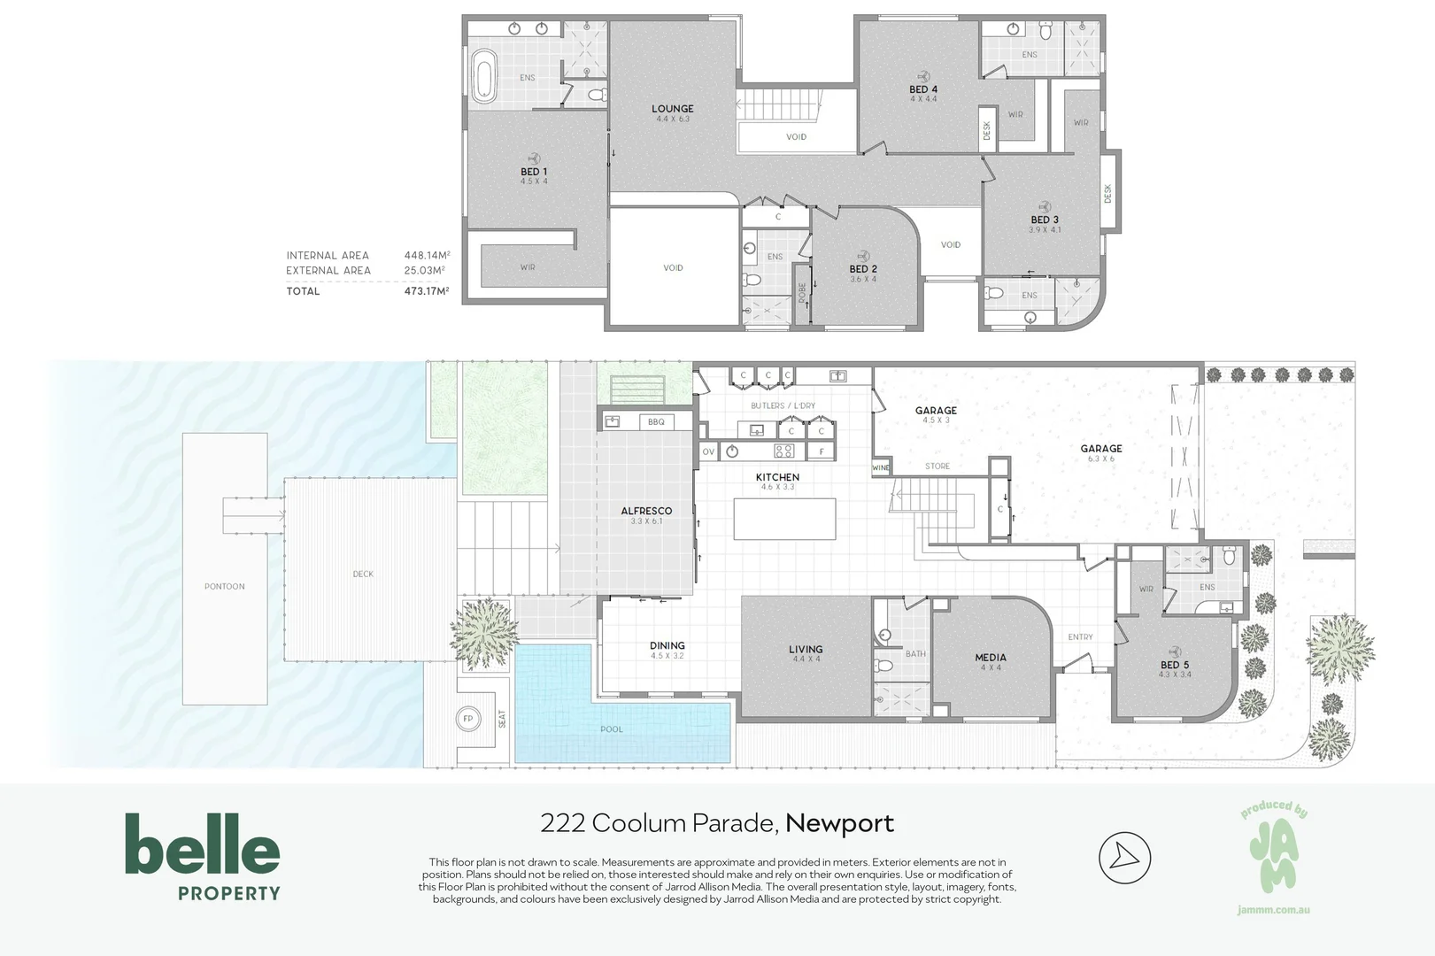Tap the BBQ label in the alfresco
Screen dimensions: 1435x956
point(656,421)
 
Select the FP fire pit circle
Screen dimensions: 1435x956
point(468,718)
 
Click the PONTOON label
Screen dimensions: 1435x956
point(224,586)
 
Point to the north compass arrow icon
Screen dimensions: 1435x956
point(1125,858)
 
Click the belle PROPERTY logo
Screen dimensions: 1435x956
point(203,857)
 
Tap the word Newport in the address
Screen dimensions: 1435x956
point(840,823)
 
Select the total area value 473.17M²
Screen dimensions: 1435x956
point(427,291)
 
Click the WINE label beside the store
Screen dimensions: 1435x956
point(881,467)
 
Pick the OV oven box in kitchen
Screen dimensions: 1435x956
point(708,451)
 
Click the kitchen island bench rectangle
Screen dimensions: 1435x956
point(784,519)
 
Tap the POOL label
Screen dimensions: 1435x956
point(612,729)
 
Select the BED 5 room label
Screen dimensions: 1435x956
point(1175,665)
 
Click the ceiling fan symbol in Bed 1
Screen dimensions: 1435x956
point(533,158)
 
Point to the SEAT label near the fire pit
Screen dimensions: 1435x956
point(502,719)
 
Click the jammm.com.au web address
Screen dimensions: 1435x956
point(1274,910)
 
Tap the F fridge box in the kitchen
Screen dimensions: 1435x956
point(822,451)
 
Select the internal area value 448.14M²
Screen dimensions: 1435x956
point(427,255)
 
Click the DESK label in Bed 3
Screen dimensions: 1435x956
point(1108,194)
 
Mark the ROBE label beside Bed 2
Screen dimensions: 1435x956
point(802,293)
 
